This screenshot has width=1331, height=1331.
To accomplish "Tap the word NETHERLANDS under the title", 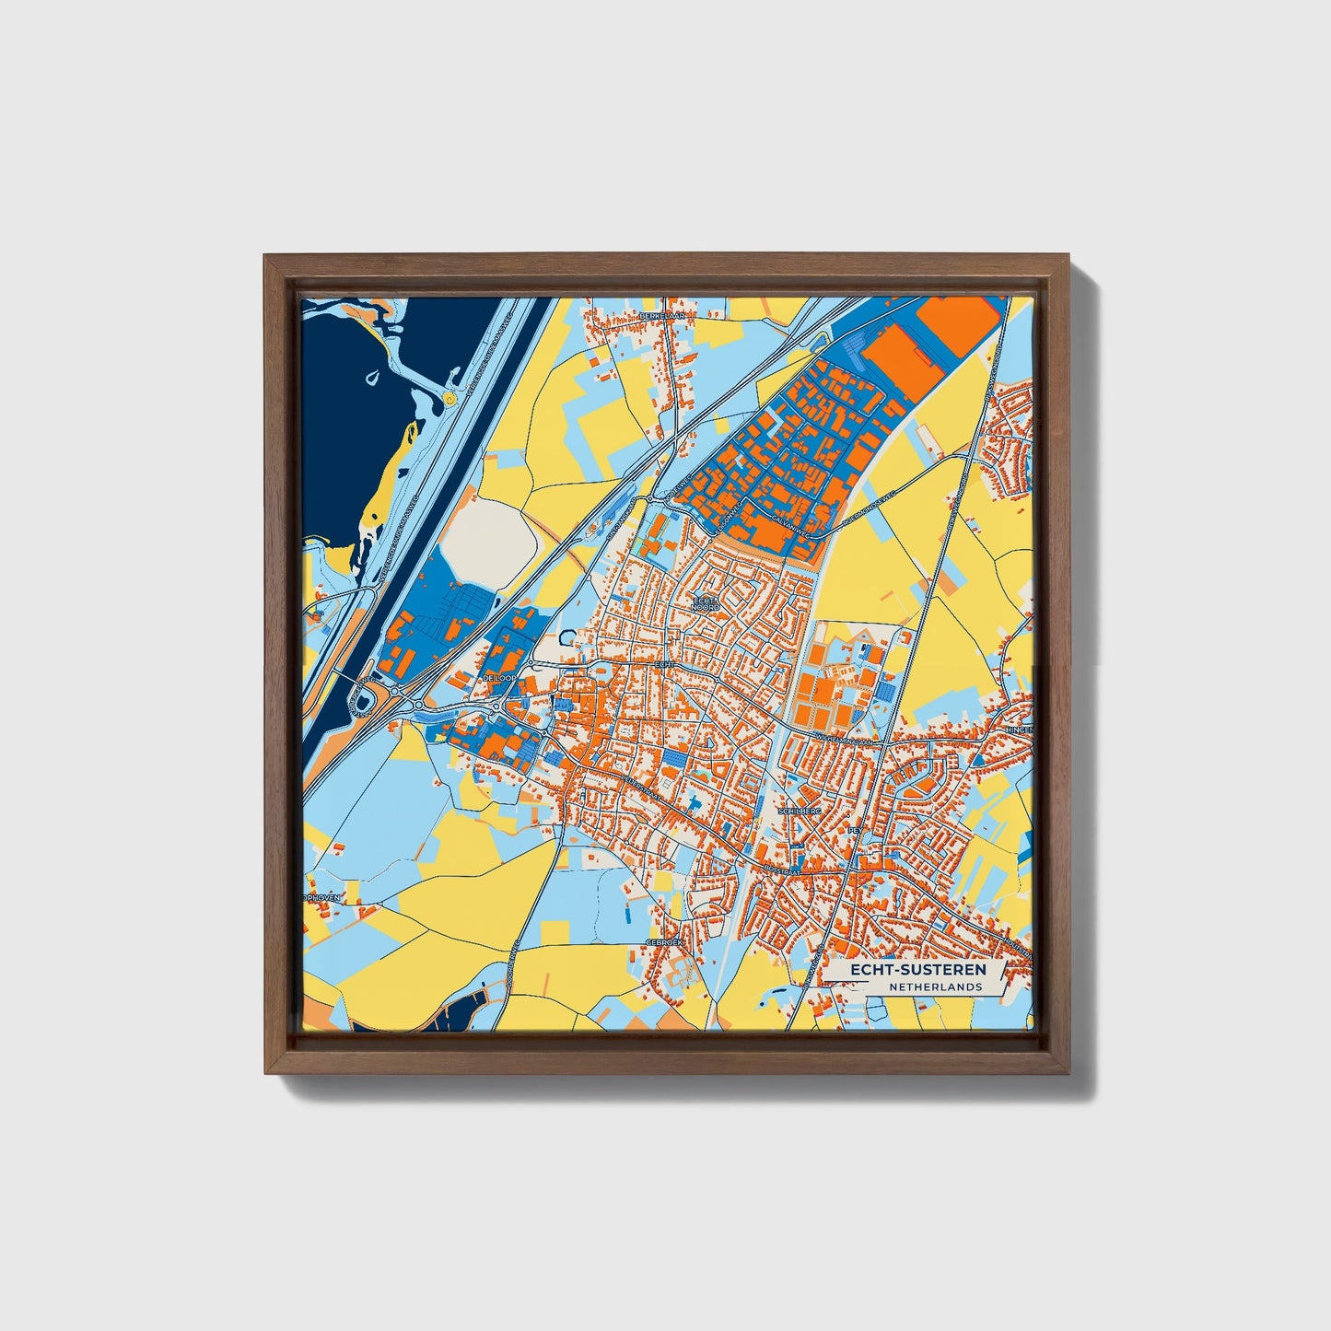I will tap(935, 987).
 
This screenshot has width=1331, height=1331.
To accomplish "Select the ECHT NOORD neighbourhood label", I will tap(706, 603).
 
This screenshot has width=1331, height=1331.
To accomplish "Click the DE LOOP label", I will tap(497, 678).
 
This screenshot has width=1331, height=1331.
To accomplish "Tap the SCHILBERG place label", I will tap(799, 811).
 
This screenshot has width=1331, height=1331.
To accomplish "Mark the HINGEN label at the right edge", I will tap(1020, 729).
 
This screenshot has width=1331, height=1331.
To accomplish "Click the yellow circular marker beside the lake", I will tap(449, 399).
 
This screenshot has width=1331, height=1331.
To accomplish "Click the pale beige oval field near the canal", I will tap(487, 538).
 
